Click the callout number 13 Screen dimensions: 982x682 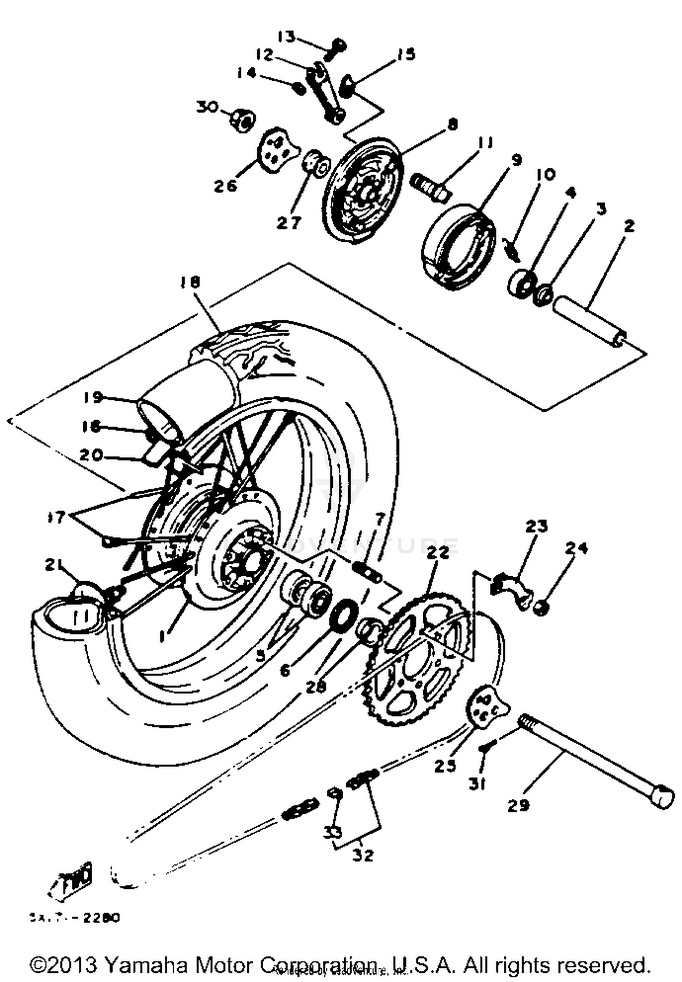(287, 36)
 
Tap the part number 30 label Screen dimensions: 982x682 (207, 107)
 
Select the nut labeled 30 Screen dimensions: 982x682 (242, 120)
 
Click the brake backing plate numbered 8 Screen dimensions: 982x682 (364, 186)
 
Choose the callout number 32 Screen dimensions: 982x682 (362, 855)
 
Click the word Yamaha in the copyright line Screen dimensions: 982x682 (145, 965)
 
